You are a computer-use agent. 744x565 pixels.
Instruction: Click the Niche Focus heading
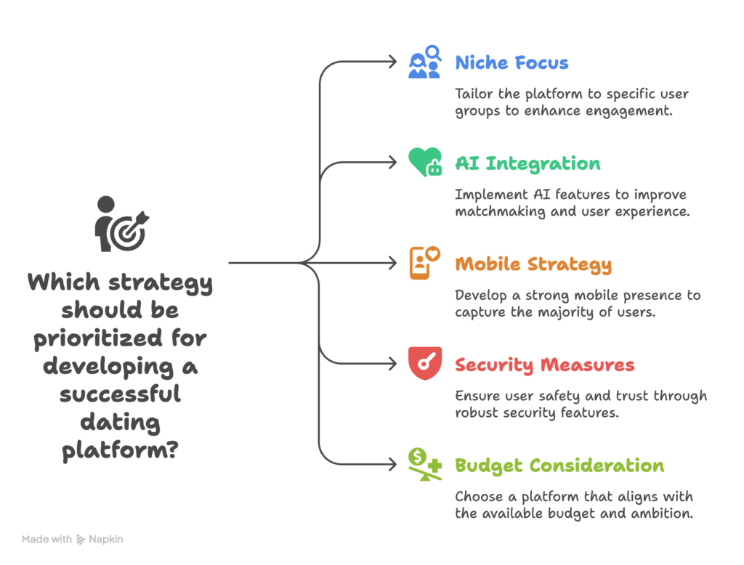511,62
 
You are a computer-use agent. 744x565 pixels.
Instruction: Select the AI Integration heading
527,163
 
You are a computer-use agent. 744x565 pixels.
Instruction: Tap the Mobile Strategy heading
533,265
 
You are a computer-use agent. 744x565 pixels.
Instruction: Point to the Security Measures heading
545,365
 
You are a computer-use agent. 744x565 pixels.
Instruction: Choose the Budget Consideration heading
559,466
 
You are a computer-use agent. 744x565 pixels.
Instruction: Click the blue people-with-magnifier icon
425,62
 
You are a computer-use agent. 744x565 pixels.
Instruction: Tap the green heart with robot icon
425,162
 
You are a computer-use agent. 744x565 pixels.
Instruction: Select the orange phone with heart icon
424,263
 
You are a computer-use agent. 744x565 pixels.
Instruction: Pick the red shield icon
425,363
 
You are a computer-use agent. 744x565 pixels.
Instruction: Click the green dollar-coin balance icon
425,464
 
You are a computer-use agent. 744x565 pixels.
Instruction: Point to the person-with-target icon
121,224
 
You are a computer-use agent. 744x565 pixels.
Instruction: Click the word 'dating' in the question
120,423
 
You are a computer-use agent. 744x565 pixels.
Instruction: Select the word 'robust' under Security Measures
477,412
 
